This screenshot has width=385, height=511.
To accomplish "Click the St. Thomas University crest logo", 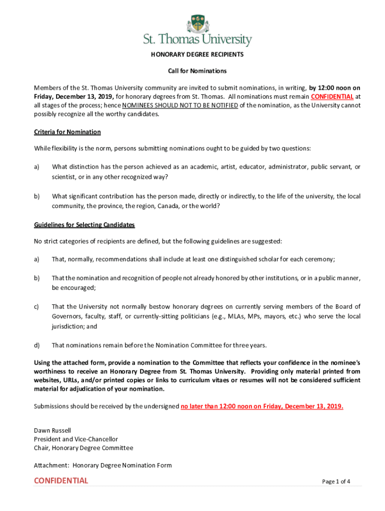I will [197, 23].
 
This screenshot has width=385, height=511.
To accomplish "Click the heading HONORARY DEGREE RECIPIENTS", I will [197, 54].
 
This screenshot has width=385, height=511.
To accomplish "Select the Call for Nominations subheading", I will [197, 71].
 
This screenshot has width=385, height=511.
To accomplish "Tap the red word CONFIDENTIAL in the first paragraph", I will [332, 96].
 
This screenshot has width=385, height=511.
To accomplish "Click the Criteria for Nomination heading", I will [67, 132].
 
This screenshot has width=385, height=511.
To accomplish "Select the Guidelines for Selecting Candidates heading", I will [84, 225].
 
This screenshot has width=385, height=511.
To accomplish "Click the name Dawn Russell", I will [52, 430].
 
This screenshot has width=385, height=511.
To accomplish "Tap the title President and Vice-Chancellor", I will [76, 439].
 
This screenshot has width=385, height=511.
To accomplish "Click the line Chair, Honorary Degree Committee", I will [83, 448].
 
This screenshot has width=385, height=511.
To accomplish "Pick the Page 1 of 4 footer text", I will [336, 482].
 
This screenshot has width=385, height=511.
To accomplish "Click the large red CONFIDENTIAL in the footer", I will [61, 481].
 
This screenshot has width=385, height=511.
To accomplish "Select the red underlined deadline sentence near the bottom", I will [262, 406].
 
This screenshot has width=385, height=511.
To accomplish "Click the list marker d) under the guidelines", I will [37, 345].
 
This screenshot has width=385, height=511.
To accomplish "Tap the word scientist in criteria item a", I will [64, 177].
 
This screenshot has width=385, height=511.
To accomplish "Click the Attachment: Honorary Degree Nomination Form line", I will [102, 465].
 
